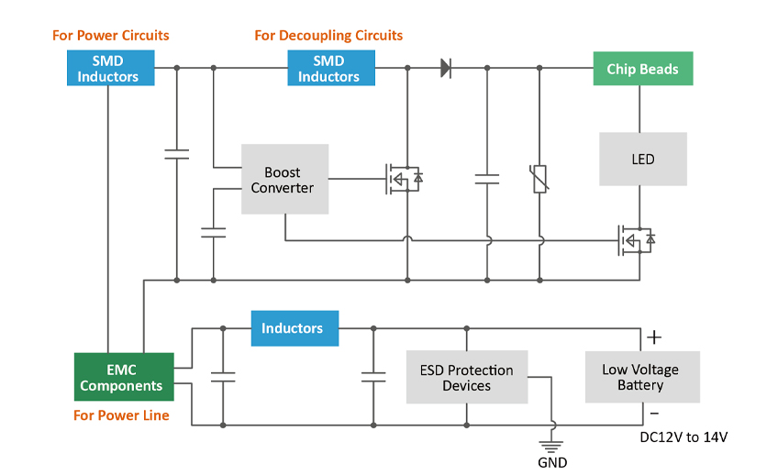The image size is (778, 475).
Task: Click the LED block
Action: click(642, 160)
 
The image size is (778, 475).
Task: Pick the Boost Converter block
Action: click(284, 180)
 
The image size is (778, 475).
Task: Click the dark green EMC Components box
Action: click(124, 377)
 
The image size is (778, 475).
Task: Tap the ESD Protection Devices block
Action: click(467, 378)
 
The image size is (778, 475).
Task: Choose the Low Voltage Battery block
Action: click(642, 377)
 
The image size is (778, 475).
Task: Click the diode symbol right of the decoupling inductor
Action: click(446, 67)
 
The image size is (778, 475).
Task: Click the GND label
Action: click(552, 462)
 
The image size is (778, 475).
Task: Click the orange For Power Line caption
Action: click(121, 415)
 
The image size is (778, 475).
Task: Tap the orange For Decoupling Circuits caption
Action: click(328, 36)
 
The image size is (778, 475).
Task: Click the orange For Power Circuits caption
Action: click(110, 36)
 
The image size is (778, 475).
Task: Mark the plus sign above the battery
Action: click(653, 337)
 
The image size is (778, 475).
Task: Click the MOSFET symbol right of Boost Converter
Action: click(403, 177)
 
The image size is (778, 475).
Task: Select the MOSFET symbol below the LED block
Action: click(638, 240)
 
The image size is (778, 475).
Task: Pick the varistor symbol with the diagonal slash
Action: click(539, 178)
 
